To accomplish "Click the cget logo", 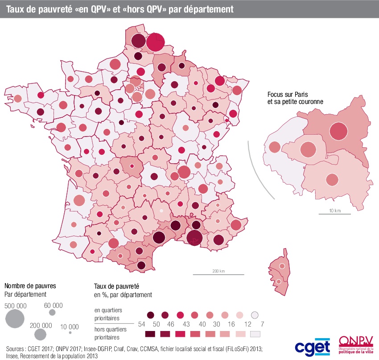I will pos(312,347).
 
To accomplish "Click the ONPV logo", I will pos(355,345).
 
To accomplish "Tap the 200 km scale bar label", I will pos(218,271).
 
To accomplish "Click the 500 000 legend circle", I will pos(15,318).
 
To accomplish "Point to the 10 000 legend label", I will pos(70,326).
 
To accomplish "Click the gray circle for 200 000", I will pos(41,334).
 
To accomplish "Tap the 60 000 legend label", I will pos(53,306).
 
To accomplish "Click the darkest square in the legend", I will pos(150,334).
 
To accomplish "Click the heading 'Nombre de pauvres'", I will pos(30,286).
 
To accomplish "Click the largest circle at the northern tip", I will pos(155,42).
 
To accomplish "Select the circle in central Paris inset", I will pos(307,150).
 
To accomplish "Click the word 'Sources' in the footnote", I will pos(16,348).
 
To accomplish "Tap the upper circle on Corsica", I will pos(281,266).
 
